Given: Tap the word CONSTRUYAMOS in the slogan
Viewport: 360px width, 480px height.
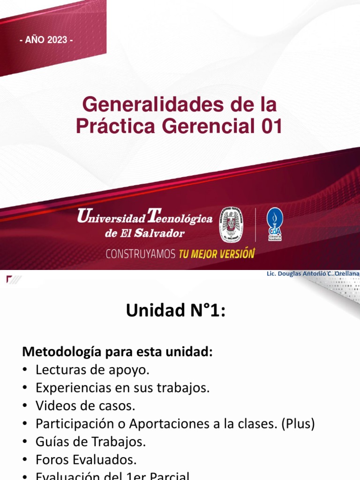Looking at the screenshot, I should (141, 254).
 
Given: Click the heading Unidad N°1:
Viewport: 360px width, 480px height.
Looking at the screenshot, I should (176, 310).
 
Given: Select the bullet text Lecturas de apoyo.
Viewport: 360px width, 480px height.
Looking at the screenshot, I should (92, 370).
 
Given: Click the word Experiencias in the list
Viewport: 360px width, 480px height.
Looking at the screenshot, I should (70, 388).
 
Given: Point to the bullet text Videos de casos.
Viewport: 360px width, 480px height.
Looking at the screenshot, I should (85, 406).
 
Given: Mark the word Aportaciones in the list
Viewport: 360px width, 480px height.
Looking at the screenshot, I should (167, 424).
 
